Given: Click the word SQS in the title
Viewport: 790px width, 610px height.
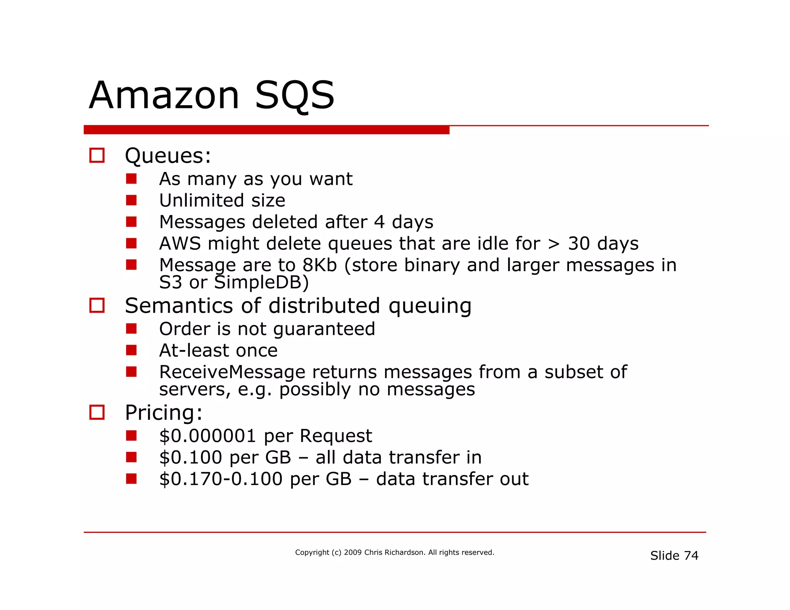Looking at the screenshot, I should (x=295, y=95).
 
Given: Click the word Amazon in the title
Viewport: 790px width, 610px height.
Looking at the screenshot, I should (x=165, y=95).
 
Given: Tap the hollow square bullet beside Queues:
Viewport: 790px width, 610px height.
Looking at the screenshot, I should (x=97, y=155).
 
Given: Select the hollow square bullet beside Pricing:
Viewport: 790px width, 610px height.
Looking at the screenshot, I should (x=97, y=412).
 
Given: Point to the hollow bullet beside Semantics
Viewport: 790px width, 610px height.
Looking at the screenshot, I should (x=97, y=305).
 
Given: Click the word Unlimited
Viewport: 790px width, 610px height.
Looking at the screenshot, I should (x=201, y=201).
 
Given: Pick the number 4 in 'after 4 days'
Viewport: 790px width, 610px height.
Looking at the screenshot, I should (x=379, y=222).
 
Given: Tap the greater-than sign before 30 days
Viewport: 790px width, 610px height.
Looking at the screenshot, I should (x=554, y=244).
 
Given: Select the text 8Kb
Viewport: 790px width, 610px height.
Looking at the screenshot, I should (x=319, y=265).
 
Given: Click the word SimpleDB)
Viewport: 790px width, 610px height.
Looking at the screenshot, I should (x=262, y=283).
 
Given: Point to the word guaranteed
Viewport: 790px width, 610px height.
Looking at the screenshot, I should (x=324, y=329).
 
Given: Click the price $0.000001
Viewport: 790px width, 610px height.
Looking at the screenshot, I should (x=208, y=436).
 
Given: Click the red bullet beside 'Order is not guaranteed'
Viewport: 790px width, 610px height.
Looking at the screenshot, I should (x=131, y=329).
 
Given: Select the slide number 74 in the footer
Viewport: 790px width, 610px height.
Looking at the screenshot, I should (x=691, y=556).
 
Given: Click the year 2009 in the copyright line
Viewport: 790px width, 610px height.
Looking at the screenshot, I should (x=353, y=553).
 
